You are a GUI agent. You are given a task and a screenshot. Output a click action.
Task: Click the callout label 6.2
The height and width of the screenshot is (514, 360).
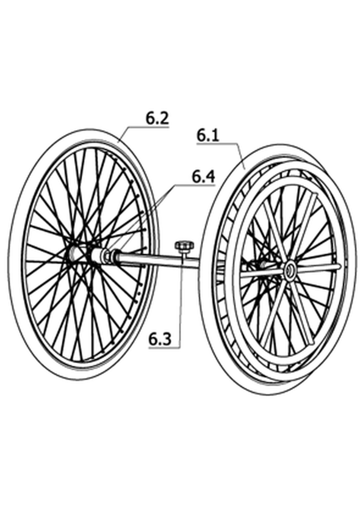(157, 118)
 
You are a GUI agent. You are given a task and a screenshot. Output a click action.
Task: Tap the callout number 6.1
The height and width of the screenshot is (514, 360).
(208, 135)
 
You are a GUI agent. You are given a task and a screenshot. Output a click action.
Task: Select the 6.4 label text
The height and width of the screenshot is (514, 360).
(203, 176)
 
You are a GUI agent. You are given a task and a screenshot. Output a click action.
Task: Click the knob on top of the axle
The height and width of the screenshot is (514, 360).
(184, 245)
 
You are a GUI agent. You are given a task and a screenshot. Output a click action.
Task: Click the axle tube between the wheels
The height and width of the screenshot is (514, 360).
(157, 260)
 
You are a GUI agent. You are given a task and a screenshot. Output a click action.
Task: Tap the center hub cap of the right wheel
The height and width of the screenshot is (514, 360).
(289, 271)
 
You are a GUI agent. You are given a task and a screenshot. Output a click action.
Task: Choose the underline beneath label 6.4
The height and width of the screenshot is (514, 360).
(195, 185)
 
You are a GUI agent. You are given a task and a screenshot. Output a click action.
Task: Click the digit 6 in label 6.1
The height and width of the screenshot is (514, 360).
(201, 135)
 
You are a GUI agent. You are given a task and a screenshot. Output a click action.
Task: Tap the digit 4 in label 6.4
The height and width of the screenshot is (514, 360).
(211, 176)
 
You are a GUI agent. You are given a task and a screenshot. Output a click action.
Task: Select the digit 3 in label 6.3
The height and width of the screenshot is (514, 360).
(167, 339)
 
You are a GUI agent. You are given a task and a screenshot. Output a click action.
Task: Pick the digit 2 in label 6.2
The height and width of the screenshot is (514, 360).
(164, 118)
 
